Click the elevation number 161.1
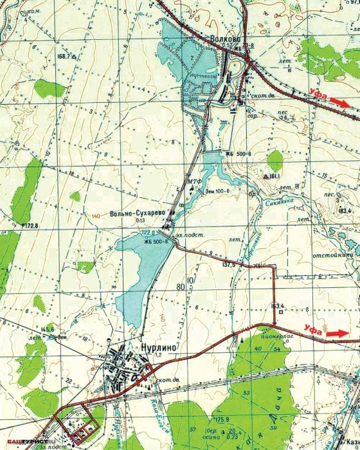[x=273, y=175]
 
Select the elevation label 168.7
[x=64, y=57]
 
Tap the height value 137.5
[x=230, y=264]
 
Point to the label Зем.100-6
[x=217, y=191]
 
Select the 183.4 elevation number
[x=346, y=210]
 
